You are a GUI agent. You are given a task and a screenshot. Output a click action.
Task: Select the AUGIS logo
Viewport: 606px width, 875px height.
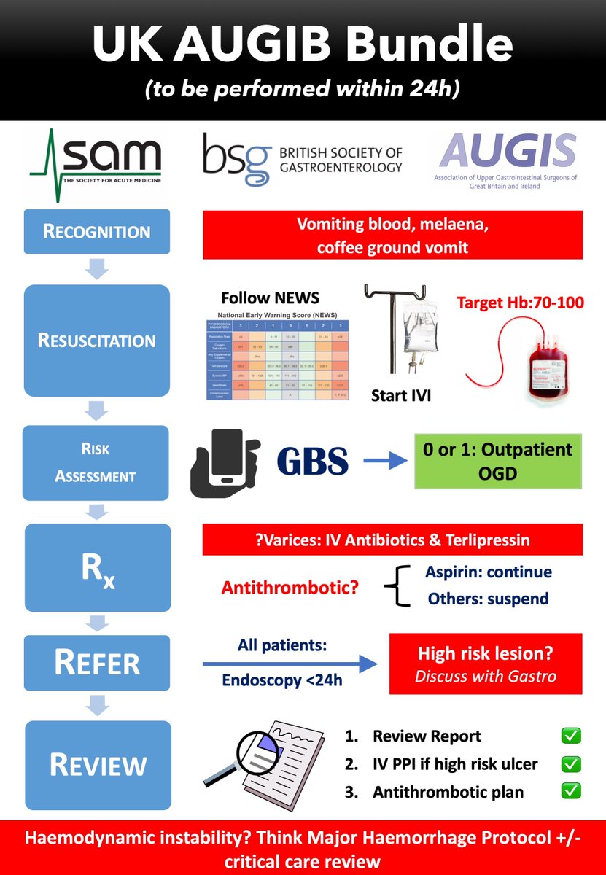pos(505,161)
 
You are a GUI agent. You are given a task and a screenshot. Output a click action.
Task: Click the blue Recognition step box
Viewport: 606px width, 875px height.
pos(96,232)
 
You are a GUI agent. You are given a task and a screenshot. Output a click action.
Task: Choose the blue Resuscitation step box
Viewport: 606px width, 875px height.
pos(96,340)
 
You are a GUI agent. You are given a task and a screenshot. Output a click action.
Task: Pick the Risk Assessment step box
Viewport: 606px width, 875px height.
pos(96,463)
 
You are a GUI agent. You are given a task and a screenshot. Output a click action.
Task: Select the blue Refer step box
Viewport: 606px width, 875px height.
pos(96,664)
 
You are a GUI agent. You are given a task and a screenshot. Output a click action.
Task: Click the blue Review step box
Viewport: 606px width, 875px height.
pos(96,764)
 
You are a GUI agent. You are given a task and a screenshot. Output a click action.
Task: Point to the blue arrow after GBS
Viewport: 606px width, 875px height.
pos(384,462)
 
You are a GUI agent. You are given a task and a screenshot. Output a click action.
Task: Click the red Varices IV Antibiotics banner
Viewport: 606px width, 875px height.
pos(392,540)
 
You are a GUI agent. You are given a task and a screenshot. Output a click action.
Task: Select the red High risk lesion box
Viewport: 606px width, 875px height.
pos(486,664)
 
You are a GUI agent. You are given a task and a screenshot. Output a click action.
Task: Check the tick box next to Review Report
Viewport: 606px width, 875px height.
pos(571,736)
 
